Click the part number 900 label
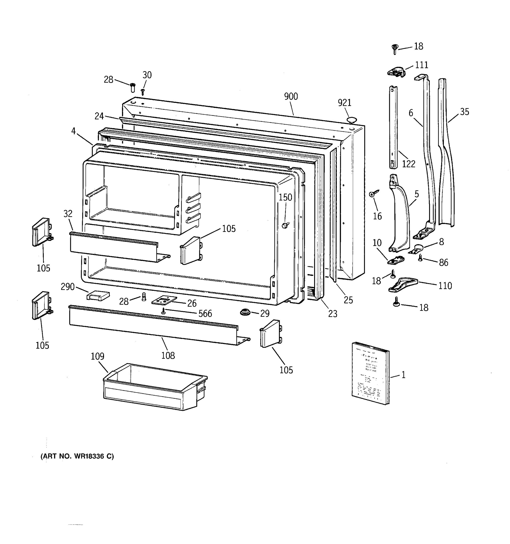click(x=291, y=96)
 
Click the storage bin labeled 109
click(x=155, y=387)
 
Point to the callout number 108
click(x=168, y=355)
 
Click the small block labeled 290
click(x=98, y=296)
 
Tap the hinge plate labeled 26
click(x=164, y=300)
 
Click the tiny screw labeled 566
click(x=164, y=311)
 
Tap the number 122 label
click(x=408, y=164)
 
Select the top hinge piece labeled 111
click(x=396, y=72)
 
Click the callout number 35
click(x=464, y=112)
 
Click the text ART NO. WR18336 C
click(x=77, y=456)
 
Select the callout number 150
click(x=285, y=197)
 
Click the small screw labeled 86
click(x=421, y=257)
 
